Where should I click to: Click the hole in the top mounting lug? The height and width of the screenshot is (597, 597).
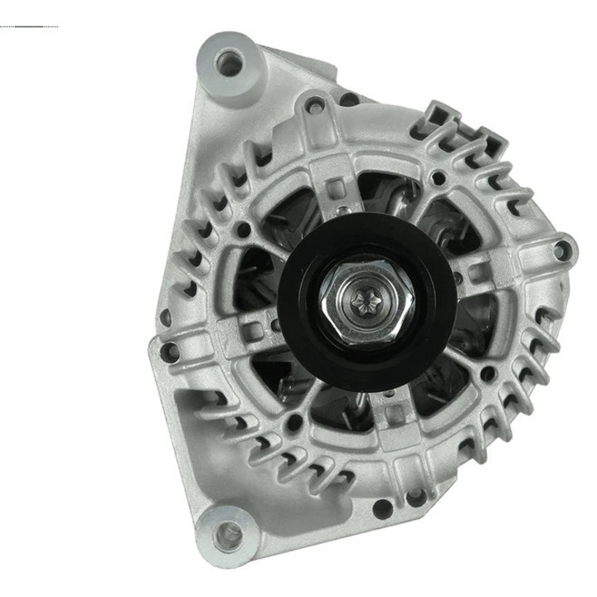pos(229,61)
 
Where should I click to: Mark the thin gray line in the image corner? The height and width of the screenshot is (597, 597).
pos(29,27)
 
